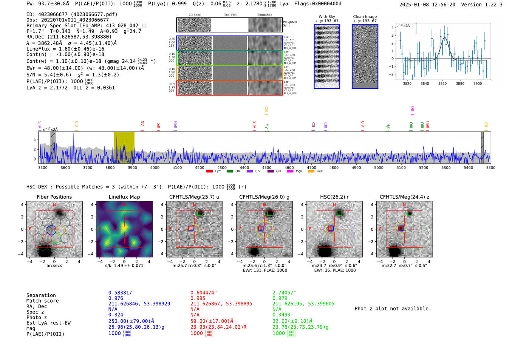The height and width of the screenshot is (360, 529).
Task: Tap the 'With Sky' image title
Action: [x=327, y=17]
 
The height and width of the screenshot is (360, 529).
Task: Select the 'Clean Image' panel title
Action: [x=365, y=17]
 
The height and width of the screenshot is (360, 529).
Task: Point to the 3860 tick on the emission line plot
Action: [x=442, y=83]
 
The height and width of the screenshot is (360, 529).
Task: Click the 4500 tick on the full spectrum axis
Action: [x=267, y=167]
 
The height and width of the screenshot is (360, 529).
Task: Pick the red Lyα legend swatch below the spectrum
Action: [x=209, y=171]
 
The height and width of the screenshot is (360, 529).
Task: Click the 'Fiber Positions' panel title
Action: [x=54, y=197]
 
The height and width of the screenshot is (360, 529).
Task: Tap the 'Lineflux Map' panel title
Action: [x=124, y=197]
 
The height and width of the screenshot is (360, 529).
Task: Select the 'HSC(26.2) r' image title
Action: [x=334, y=197]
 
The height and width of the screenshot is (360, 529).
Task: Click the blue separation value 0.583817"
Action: [x=121, y=293]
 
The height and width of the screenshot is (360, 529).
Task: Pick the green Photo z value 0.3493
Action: [x=282, y=315]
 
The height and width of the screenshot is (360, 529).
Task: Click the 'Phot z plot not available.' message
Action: [x=393, y=309]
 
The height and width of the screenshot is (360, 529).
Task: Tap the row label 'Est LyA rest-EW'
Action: [x=48, y=323]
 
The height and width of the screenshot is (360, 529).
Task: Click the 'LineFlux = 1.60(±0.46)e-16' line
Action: [x=65, y=49]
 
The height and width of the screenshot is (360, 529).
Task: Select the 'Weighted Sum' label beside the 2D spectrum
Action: [x=289, y=24]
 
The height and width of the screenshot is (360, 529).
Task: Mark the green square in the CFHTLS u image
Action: [x=200, y=213]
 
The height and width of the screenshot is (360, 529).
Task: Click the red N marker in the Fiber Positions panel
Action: [x=54, y=205]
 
